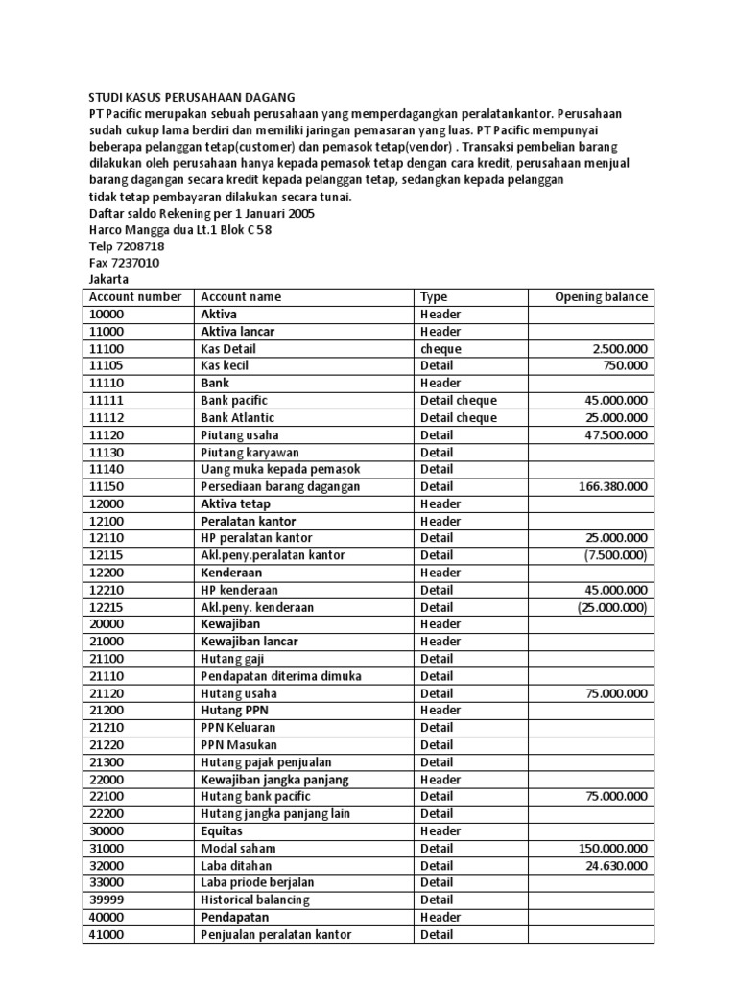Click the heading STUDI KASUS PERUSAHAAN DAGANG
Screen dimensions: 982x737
pos(192,97)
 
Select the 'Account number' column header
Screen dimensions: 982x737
pos(135,297)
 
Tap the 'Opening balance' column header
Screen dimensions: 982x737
pos(601,297)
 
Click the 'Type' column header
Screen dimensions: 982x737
pos(434,297)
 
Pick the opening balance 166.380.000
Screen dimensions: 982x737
pos(613,487)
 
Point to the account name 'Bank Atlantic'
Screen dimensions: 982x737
pos(238,418)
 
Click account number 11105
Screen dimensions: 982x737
pos(107,366)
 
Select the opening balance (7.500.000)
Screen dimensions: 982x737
pos(614,556)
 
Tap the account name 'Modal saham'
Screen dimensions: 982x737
pos(238,849)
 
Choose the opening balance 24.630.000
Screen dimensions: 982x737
pos(616,866)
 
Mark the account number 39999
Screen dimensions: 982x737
pos(107,900)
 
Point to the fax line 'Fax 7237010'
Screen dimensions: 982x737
pos(124,263)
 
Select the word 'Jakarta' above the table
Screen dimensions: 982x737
pos(108,280)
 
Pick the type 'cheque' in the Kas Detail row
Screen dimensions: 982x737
pos(440,349)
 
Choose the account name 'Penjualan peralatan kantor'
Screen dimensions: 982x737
pos(276,935)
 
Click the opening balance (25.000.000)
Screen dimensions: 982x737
pos(612,608)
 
